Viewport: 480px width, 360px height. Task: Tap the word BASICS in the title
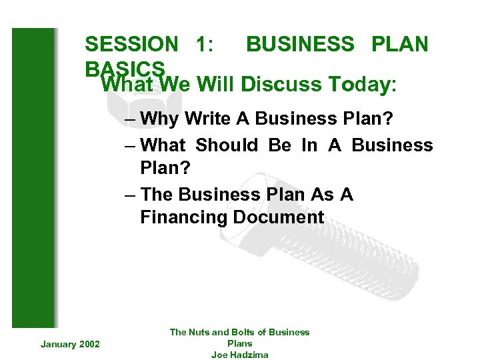click(x=125, y=69)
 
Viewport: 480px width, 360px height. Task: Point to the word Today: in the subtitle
click(x=363, y=85)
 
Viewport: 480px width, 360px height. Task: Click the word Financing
click(x=184, y=217)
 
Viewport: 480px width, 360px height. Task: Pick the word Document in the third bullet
click(x=279, y=217)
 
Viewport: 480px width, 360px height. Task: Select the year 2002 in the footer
click(x=89, y=344)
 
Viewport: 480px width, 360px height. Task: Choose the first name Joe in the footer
click(x=219, y=355)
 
